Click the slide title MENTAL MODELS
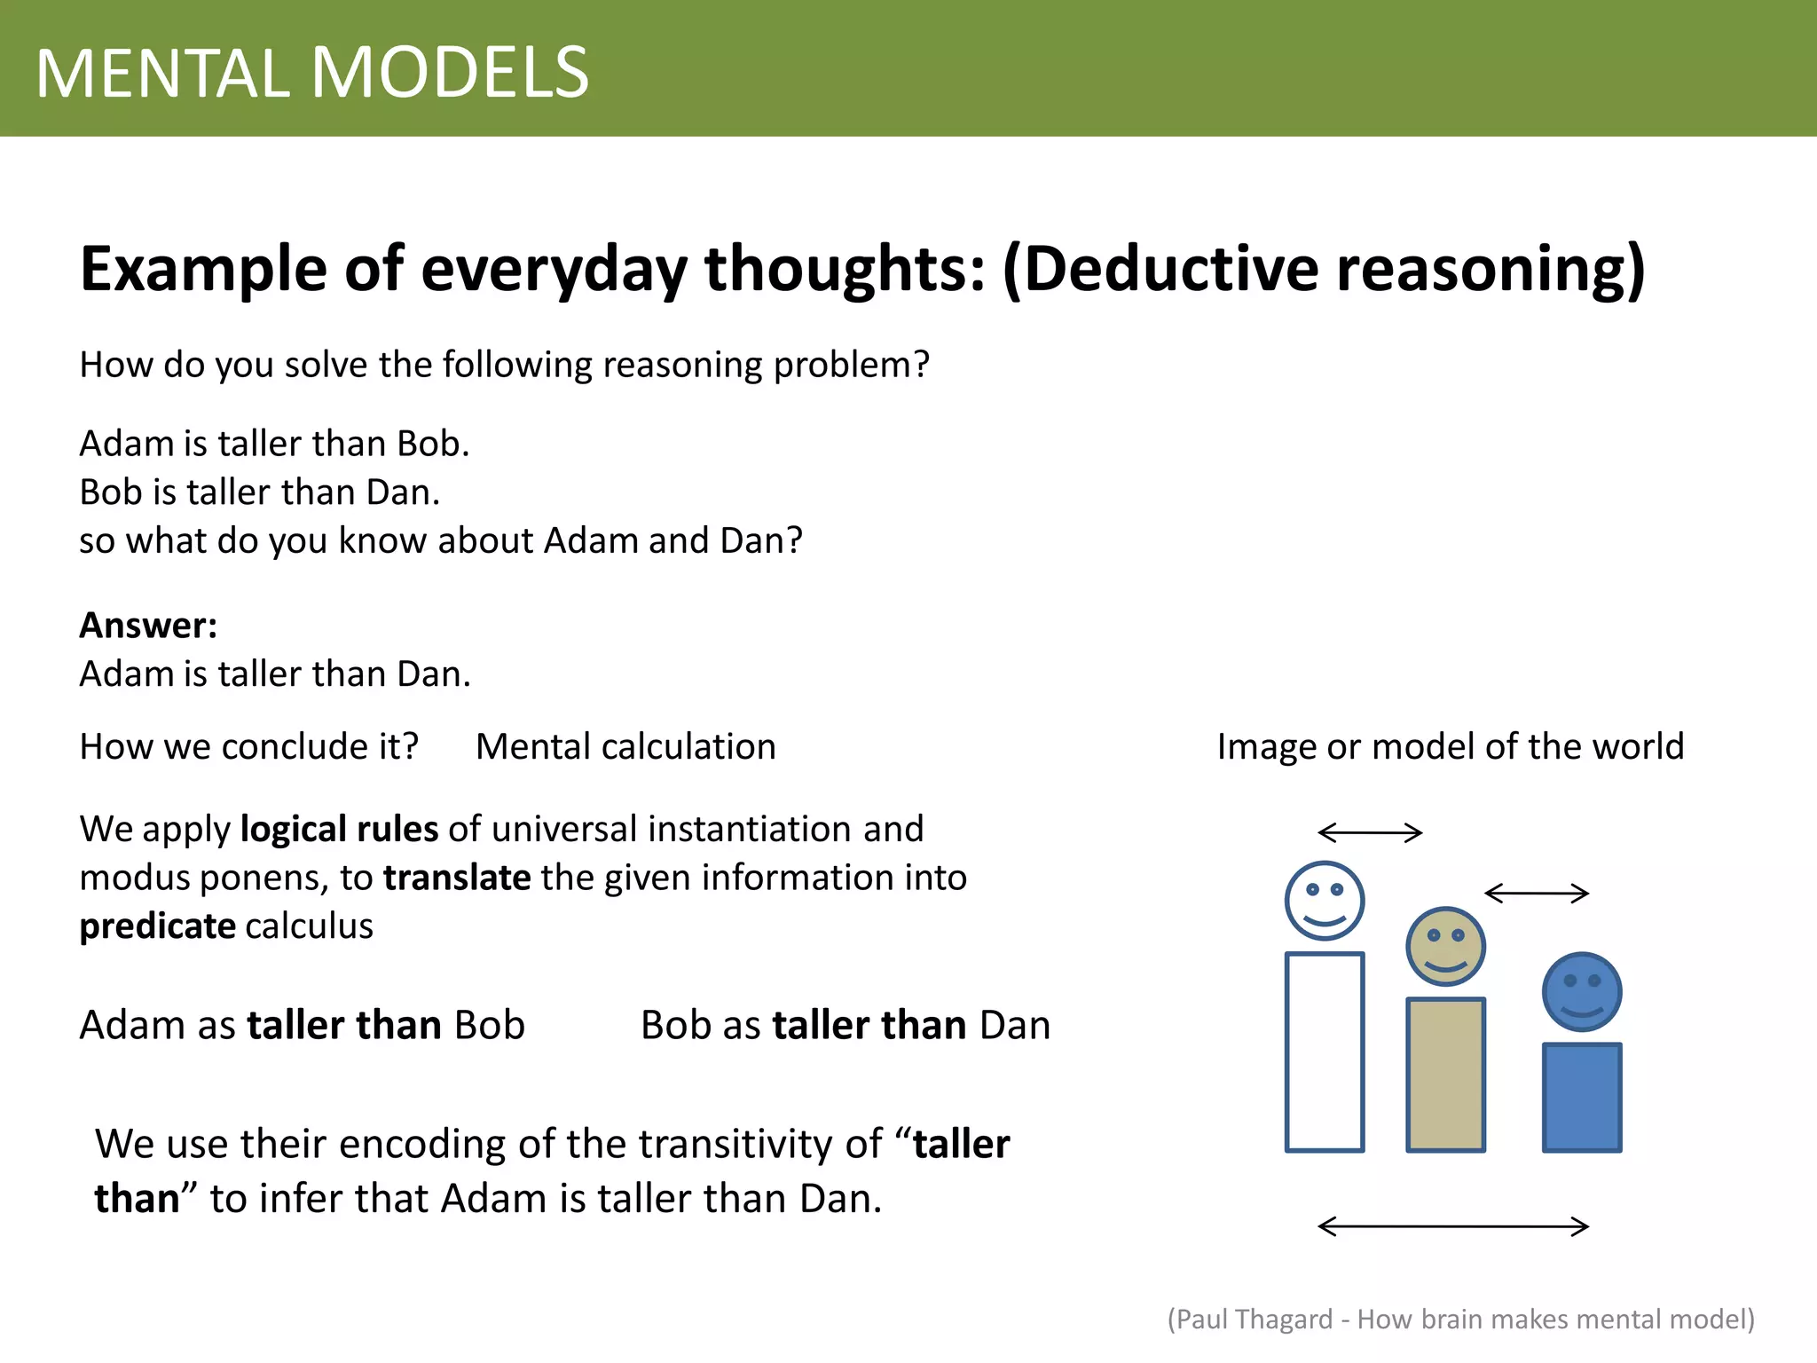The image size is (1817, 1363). [x=312, y=73]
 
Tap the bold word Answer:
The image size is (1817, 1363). [x=148, y=626]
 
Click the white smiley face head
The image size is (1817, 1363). [x=1325, y=901]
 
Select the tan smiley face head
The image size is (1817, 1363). [x=1445, y=946]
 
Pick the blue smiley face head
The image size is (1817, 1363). [x=1581, y=992]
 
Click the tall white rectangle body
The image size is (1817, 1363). [x=1325, y=1052]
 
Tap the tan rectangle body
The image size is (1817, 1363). [x=1445, y=1075]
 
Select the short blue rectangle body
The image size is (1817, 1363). [x=1581, y=1098]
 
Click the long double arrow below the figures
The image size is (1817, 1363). [x=1453, y=1226]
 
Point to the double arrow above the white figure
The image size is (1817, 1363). [x=1370, y=832]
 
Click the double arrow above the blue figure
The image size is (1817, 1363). [x=1537, y=893]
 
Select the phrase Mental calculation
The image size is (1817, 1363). [x=625, y=746]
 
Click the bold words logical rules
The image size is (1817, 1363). [x=339, y=829]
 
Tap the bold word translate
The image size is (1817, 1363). [x=457, y=878]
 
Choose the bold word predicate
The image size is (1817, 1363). [x=157, y=926]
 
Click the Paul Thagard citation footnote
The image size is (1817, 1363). [x=1460, y=1320]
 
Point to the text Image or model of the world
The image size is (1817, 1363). [x=1450, y=746]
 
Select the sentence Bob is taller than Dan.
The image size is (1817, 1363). [x=260, y=492]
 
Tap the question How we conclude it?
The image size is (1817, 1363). [x=248, y=746]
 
